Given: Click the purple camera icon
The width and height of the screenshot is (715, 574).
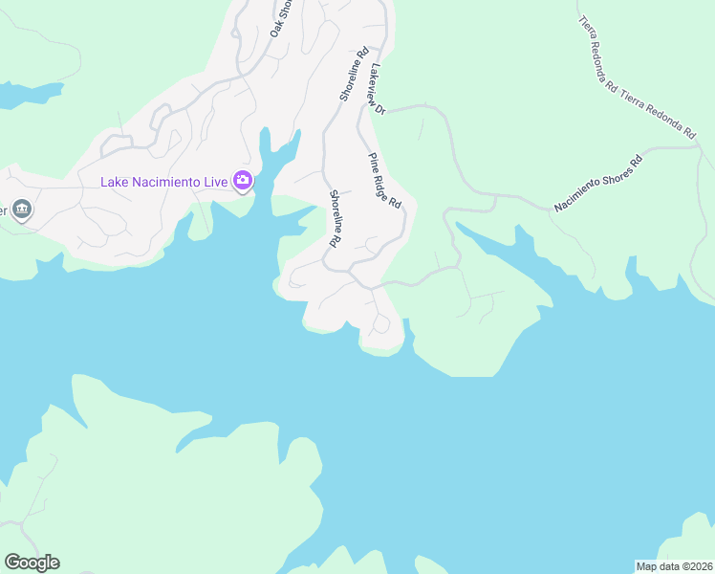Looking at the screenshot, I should (243, 181).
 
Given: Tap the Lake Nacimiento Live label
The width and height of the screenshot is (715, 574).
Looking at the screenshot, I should (166, 182).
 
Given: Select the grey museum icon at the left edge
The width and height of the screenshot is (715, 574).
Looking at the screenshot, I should (21, 210).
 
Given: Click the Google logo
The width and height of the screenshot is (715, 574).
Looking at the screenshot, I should (32, 563).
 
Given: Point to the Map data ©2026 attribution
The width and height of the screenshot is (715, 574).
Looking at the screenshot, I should (674, 565).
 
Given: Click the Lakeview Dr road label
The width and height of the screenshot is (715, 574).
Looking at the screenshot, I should (377, 90).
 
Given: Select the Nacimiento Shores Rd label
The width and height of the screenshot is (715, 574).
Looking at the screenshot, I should (597, 182).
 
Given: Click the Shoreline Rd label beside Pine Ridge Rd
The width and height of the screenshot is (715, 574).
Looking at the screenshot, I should (336, 218).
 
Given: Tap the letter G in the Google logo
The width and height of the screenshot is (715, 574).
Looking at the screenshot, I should (12, 563).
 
